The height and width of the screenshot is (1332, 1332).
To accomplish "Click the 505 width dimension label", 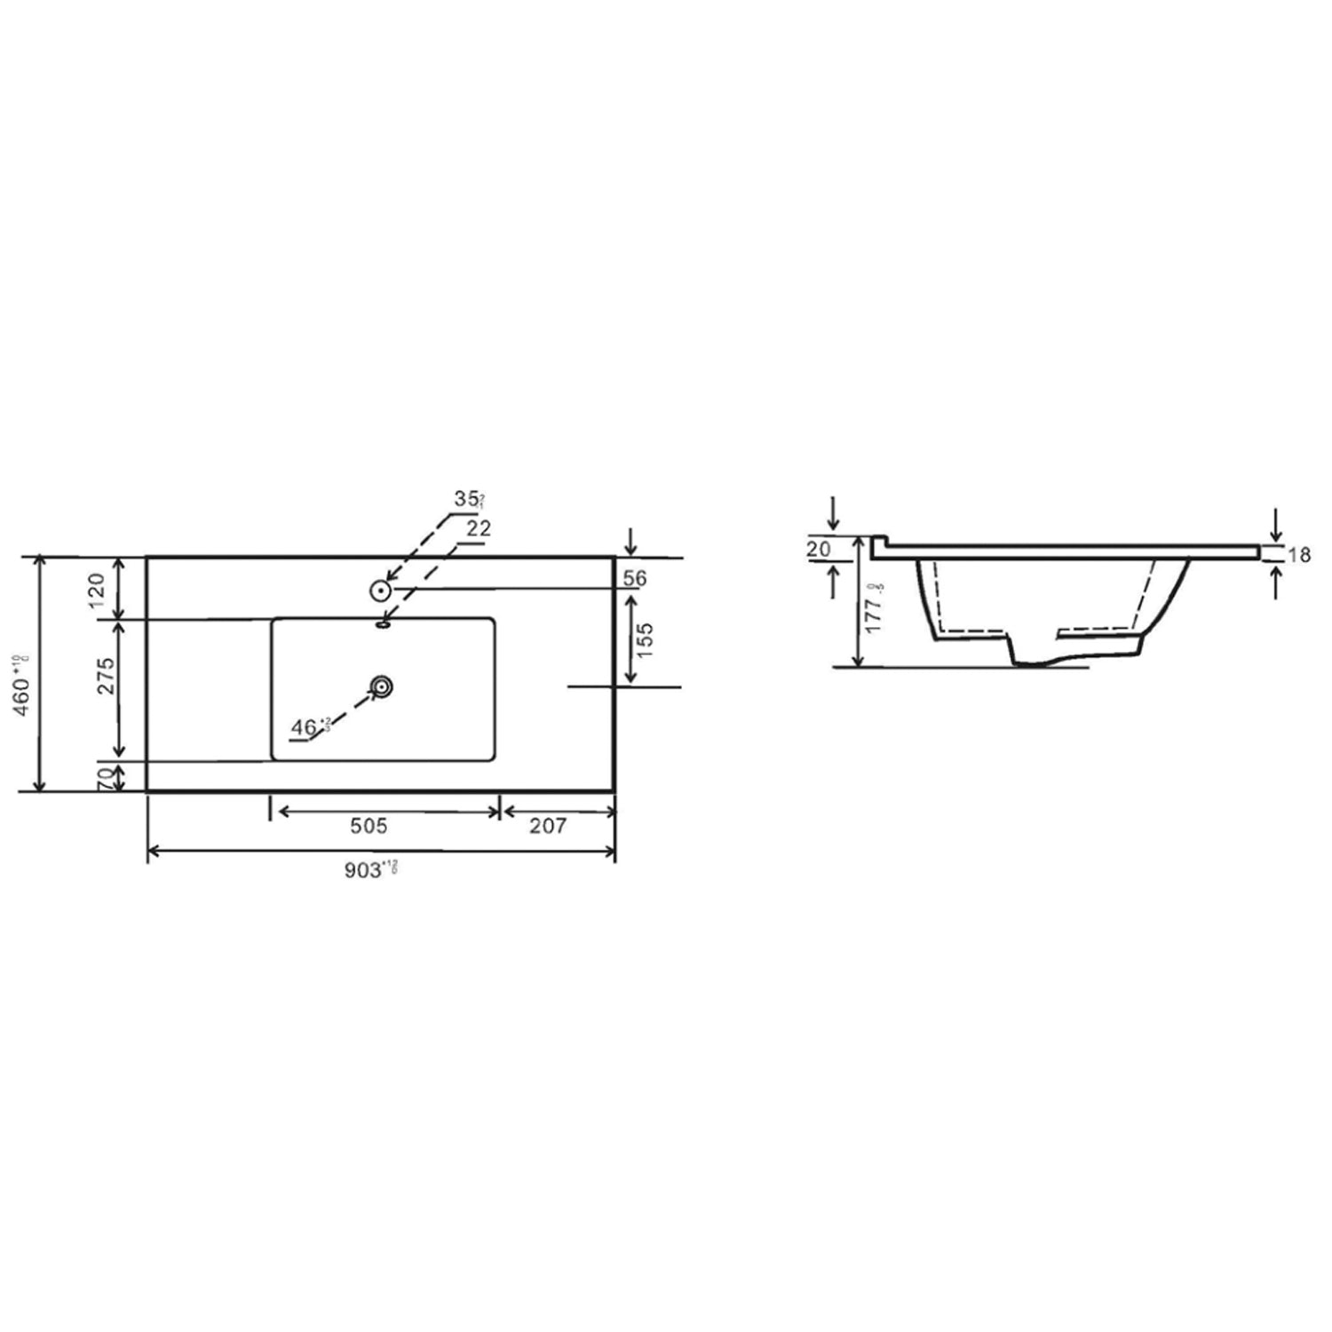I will (x=369, y=826).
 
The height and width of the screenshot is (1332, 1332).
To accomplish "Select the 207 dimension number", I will (x=548, y=826).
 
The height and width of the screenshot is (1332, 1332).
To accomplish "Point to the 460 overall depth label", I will (x=24, y=678).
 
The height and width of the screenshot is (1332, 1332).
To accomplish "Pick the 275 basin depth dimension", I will (x=105, y=677).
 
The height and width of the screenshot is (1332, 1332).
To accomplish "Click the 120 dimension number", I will (x=96, y=589).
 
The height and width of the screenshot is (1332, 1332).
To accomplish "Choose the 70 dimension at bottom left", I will (x=105, y=778).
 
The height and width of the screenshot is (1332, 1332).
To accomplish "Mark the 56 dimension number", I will (x=635, y=578).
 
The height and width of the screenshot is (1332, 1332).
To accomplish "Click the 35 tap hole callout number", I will (x=466, y=499).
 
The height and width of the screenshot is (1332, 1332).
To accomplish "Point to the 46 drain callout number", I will (x=305, y=727).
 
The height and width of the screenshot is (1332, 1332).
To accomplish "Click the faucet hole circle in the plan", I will (x=381, y=590).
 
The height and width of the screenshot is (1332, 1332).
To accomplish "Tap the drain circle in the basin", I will (x=381, y=686).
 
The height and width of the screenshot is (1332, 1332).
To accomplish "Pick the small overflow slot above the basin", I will (x=383, y=624).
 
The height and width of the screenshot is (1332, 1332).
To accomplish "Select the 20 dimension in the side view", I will (x=819, y=550).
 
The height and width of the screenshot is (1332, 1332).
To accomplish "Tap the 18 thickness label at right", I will (x=1299, y=556).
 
